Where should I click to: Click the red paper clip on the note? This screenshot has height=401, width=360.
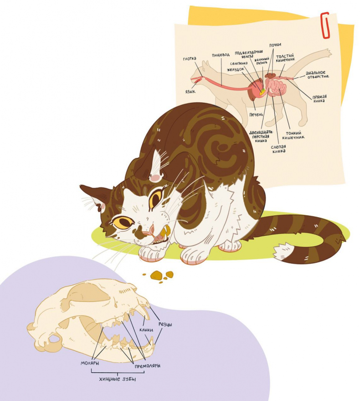tap(325, 25)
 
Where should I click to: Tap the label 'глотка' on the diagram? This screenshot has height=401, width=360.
tap(190, 59)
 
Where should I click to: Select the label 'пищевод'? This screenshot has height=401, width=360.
tap(221, 55)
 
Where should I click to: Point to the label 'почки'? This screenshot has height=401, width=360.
tap(275, 45)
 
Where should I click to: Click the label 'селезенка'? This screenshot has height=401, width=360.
tap(239, 63)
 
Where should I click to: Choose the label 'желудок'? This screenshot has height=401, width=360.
tap(236, 69)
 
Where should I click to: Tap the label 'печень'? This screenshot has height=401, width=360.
tap(256, 115)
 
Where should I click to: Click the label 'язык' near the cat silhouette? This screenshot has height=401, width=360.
tap(190, 91)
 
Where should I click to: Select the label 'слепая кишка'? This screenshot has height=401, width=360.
tap(278, 149)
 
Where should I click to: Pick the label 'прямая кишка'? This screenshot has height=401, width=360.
tap(319, 99)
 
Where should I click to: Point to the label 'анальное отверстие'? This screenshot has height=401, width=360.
tap(317, 74)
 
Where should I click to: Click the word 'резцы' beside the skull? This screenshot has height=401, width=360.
tap(165, 324)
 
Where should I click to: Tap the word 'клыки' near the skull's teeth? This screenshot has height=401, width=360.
tap(146, 330)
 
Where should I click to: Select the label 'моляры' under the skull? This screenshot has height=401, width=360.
tap(90, 363)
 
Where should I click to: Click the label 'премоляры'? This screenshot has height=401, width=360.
tap(148, 366)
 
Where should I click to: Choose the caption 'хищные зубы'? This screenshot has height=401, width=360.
tap(117, 379)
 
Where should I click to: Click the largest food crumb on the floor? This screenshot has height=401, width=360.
tap(156, 275)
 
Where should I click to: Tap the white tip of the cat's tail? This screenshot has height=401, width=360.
tap(282, 251)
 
